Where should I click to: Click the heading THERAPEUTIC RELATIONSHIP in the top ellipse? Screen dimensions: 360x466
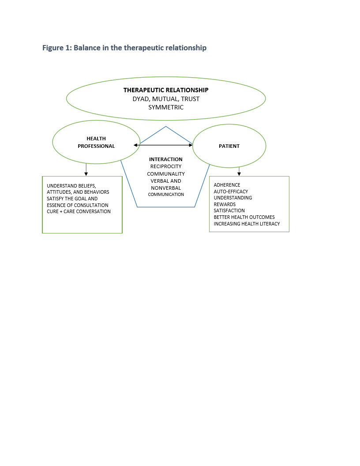click(x=166, y=90)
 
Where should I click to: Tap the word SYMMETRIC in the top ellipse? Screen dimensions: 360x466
click(x=166, y=107)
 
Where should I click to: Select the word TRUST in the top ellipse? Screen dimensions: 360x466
click(x=190, y=99)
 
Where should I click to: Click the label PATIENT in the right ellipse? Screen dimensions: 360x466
click(x=229, y=146)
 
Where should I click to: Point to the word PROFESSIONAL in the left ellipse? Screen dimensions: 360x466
click(x=96, y=146)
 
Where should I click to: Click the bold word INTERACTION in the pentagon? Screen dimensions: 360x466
click(x=166, y=159)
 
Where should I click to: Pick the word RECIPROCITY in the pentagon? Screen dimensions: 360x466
click(x=166, y=166)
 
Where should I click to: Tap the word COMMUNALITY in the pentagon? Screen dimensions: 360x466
click(x=166, y=174)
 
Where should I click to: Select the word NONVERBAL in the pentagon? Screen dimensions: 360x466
click(x=166, y=188)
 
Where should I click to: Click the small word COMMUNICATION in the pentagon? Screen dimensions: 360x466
click(x=166, y=194)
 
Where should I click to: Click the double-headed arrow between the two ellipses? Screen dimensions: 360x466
click(x=163, y=145)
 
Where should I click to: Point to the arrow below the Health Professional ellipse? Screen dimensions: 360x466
click(x=86, y=169)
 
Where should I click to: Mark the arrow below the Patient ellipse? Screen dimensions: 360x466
click(x=239, y=171)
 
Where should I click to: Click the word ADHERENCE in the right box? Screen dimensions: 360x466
click(x=227, y=185)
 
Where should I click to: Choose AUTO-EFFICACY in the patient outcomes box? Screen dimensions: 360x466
click(x=231, y=192)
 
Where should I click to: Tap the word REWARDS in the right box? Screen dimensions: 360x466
click(x=225, y=204)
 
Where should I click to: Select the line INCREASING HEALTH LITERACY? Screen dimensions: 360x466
click(x=247, y=224)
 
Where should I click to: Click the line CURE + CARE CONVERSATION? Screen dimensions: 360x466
click(x=79, y=212)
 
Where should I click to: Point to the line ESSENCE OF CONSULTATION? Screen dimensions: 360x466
click(x=78, y=205)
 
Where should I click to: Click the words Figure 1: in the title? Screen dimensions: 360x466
click(x=57, y=48)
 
